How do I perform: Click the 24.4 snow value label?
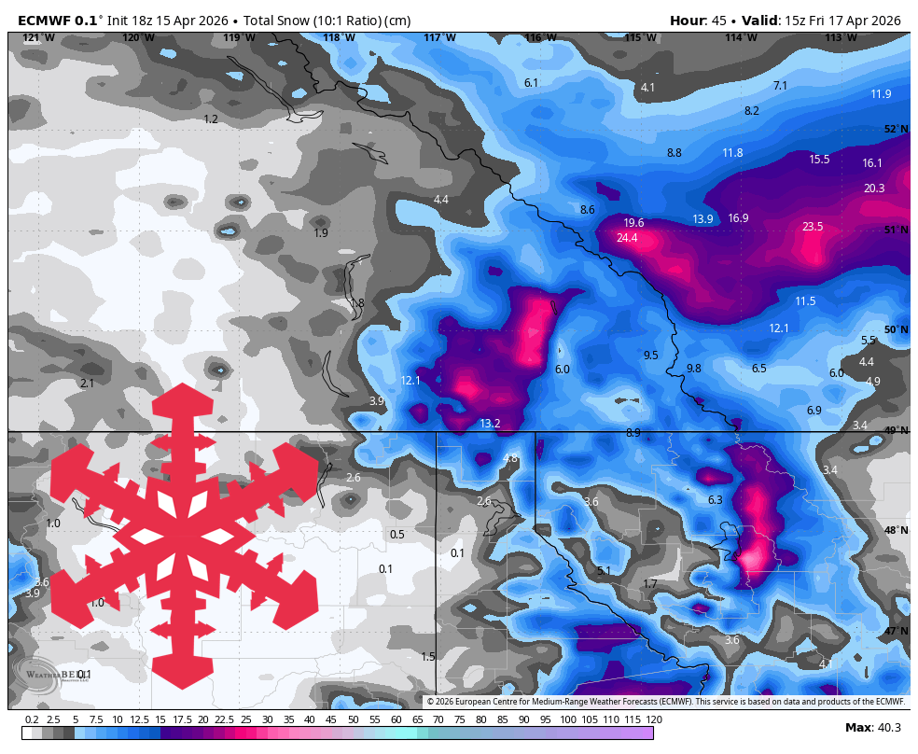tap(627, 238)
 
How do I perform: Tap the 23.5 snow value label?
tap(813, 227)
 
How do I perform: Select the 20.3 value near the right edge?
tap(874, 188)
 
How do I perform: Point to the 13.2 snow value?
tap(490, 424)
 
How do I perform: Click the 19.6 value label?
tap(633, 222)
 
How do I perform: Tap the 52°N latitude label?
tap(896, 130)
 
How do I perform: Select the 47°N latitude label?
tap(896, 632)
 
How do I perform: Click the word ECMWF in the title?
tap(45, 21)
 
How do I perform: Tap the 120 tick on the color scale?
tap(653, 719)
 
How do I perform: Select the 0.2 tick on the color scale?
tap(32, 719)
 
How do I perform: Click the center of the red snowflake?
tap(184, 537)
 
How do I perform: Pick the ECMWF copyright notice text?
tap(665, 702)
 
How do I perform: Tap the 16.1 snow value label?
tap(872, 163)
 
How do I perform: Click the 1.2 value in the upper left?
tap(211, 119)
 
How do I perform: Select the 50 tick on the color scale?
tap(354, 719)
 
